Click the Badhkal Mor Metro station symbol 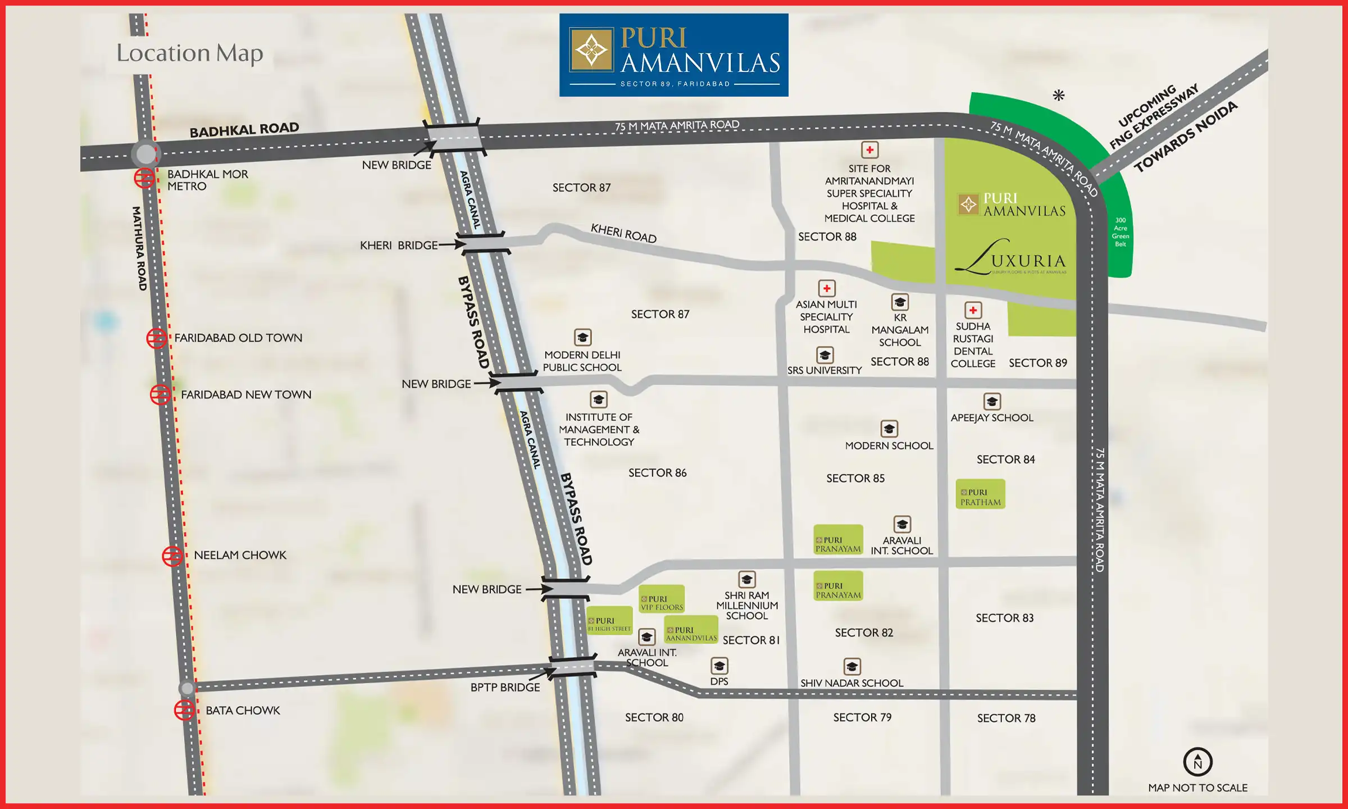144,179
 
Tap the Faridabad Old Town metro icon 156,338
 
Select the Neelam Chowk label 240,555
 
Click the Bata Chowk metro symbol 184,710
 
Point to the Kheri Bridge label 399,246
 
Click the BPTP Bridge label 505,687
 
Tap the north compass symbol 1197,762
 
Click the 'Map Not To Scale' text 1197,788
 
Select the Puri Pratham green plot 980,494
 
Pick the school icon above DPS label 719,666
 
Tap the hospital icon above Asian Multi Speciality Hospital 826,289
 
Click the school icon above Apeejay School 992,402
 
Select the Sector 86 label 657,473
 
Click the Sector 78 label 1006,718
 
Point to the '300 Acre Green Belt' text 1120,232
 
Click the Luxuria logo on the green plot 1010,258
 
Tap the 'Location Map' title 190,53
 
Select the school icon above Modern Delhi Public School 582,338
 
